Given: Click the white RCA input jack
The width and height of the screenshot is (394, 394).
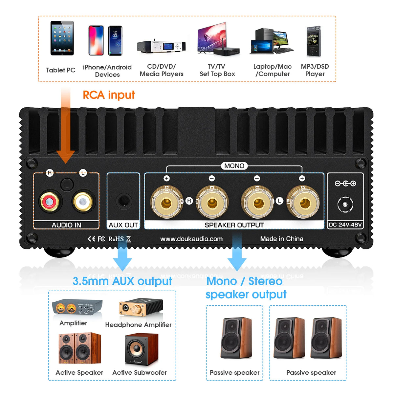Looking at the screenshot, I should (83, 201).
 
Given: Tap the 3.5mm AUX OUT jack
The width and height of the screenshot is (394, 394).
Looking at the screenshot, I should (123, 201).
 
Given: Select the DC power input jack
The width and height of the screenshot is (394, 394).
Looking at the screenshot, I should (345, 205).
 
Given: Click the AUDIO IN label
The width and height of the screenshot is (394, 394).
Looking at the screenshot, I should (66, 225).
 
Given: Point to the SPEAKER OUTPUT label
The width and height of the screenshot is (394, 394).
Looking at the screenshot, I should (234, 225).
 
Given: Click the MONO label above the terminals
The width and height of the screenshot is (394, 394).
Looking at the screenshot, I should (234, 166).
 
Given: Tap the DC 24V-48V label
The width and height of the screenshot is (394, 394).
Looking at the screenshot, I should (345, 225).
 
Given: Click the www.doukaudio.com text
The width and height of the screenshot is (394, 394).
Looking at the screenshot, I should (191, 239).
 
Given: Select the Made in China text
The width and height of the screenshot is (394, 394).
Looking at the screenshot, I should (282, 239).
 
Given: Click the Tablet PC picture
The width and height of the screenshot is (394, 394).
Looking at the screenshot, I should (62, 38).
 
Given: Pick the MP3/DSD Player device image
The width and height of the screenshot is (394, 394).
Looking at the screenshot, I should (314, 41).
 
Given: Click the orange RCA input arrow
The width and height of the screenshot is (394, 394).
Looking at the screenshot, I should (66, 128).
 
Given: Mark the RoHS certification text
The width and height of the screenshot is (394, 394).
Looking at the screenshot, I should (116, 239).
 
